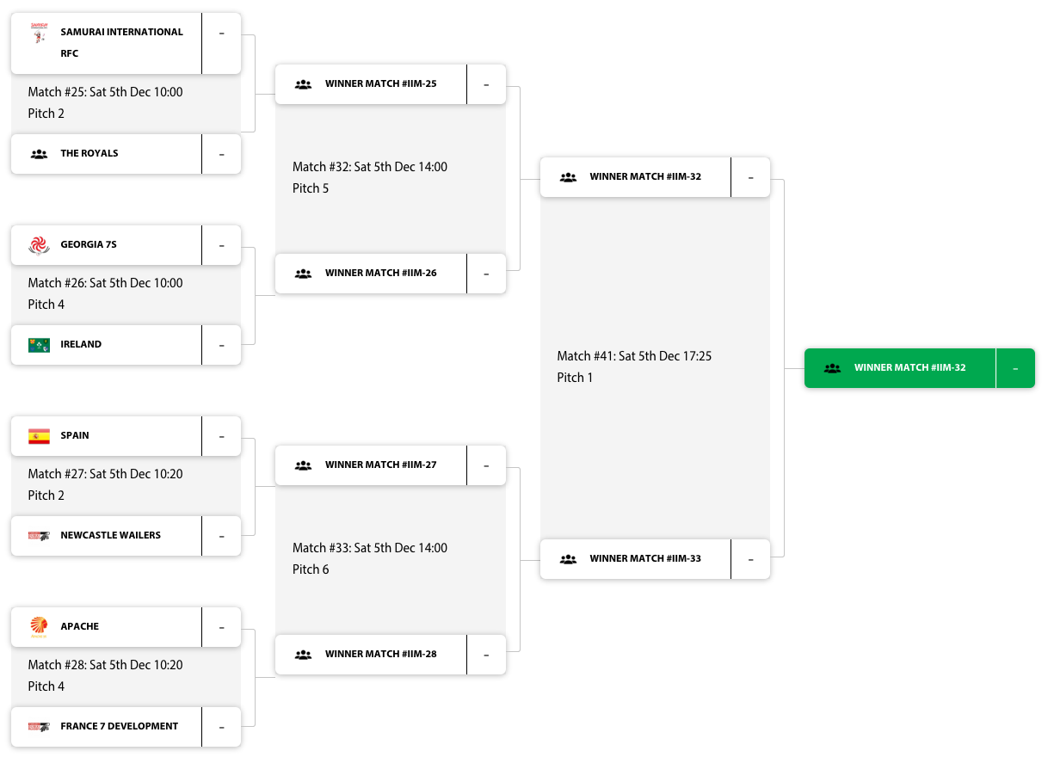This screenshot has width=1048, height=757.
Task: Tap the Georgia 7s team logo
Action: (x=39, y=245)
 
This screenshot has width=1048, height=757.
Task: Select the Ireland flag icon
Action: (x=39, y=345)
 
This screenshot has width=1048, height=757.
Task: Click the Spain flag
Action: (x=39, y=436)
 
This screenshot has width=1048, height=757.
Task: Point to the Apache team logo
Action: (x=39, y=626)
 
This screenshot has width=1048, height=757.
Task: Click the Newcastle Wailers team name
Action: (x=110, y=535)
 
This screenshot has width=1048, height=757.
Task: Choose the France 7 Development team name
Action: (x=119, y=726)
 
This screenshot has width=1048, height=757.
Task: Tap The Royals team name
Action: (x=89, y=153)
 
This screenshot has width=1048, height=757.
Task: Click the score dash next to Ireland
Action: (x=221, y=345)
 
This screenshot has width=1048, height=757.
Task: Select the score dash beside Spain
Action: (x=221, y=436)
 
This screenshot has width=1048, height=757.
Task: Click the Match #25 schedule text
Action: (x=105, y=92)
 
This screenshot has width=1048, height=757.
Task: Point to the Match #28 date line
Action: (x=105, y=665)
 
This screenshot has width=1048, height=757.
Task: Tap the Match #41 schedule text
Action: (x=634, y=356)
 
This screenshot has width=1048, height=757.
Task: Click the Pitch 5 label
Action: (x=311, y=188)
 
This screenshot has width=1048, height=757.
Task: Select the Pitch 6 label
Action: (x=311, y=569)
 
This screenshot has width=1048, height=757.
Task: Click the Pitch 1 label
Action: (x=575, y=378)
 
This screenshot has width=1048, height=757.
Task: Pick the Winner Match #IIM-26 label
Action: (x=380, y=273)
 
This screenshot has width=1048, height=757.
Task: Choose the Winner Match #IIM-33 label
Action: (x=644, y=558)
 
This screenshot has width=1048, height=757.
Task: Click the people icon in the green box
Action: (x=832, y=368)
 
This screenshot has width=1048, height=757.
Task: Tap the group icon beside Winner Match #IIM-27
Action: (x=303, y=465)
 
